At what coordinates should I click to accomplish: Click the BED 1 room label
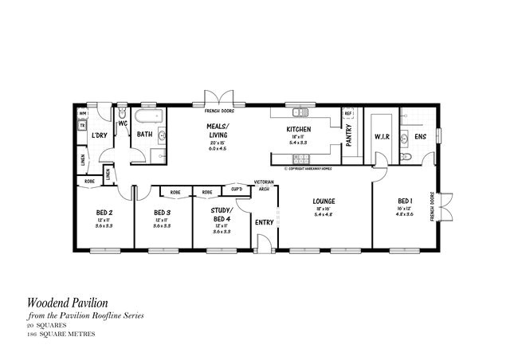point(404,201)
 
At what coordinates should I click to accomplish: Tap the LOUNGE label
point(323,201)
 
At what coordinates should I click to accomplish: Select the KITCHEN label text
point(299,130)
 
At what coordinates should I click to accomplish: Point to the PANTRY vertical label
point(349,135)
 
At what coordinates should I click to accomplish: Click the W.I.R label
point(381,137)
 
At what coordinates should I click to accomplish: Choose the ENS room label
point(420,137)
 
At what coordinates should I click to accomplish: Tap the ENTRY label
point(264,221)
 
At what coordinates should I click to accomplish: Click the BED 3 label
point(162,213)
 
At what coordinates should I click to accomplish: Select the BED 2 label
point(104,213)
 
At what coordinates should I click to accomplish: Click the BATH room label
point(144,135)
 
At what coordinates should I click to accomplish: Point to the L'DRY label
point(100,135)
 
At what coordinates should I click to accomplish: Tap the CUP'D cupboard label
point(237,190)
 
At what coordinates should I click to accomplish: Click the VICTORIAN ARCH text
point(265,186)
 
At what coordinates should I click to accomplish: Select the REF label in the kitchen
point(348,114)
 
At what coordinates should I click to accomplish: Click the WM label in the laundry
point(82,114)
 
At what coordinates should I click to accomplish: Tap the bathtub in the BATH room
point(149,119)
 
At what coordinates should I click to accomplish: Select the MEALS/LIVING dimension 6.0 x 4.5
point(218,148)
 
